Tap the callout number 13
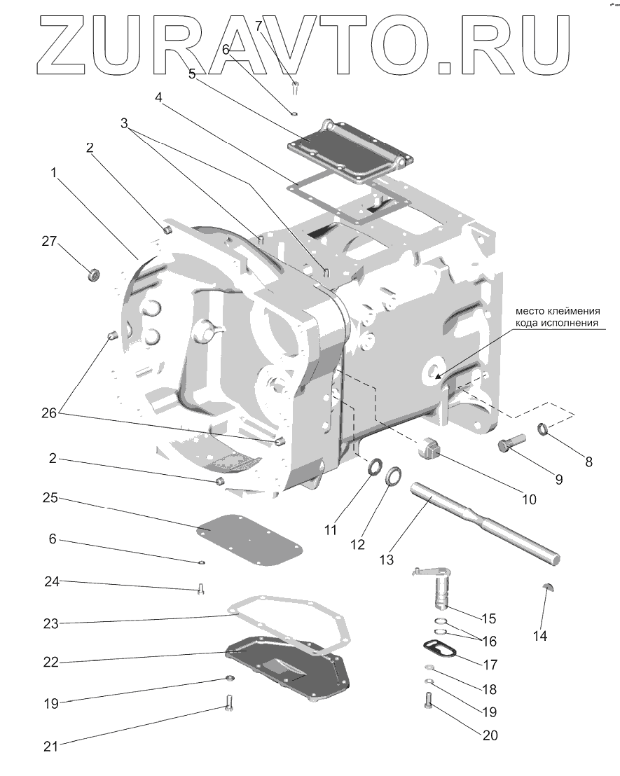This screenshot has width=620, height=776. click(387, 560)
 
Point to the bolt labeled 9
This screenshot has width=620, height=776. click(511, 445)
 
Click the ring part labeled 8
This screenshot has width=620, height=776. click(544, 429)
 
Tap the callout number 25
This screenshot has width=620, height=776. click(50, 498)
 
